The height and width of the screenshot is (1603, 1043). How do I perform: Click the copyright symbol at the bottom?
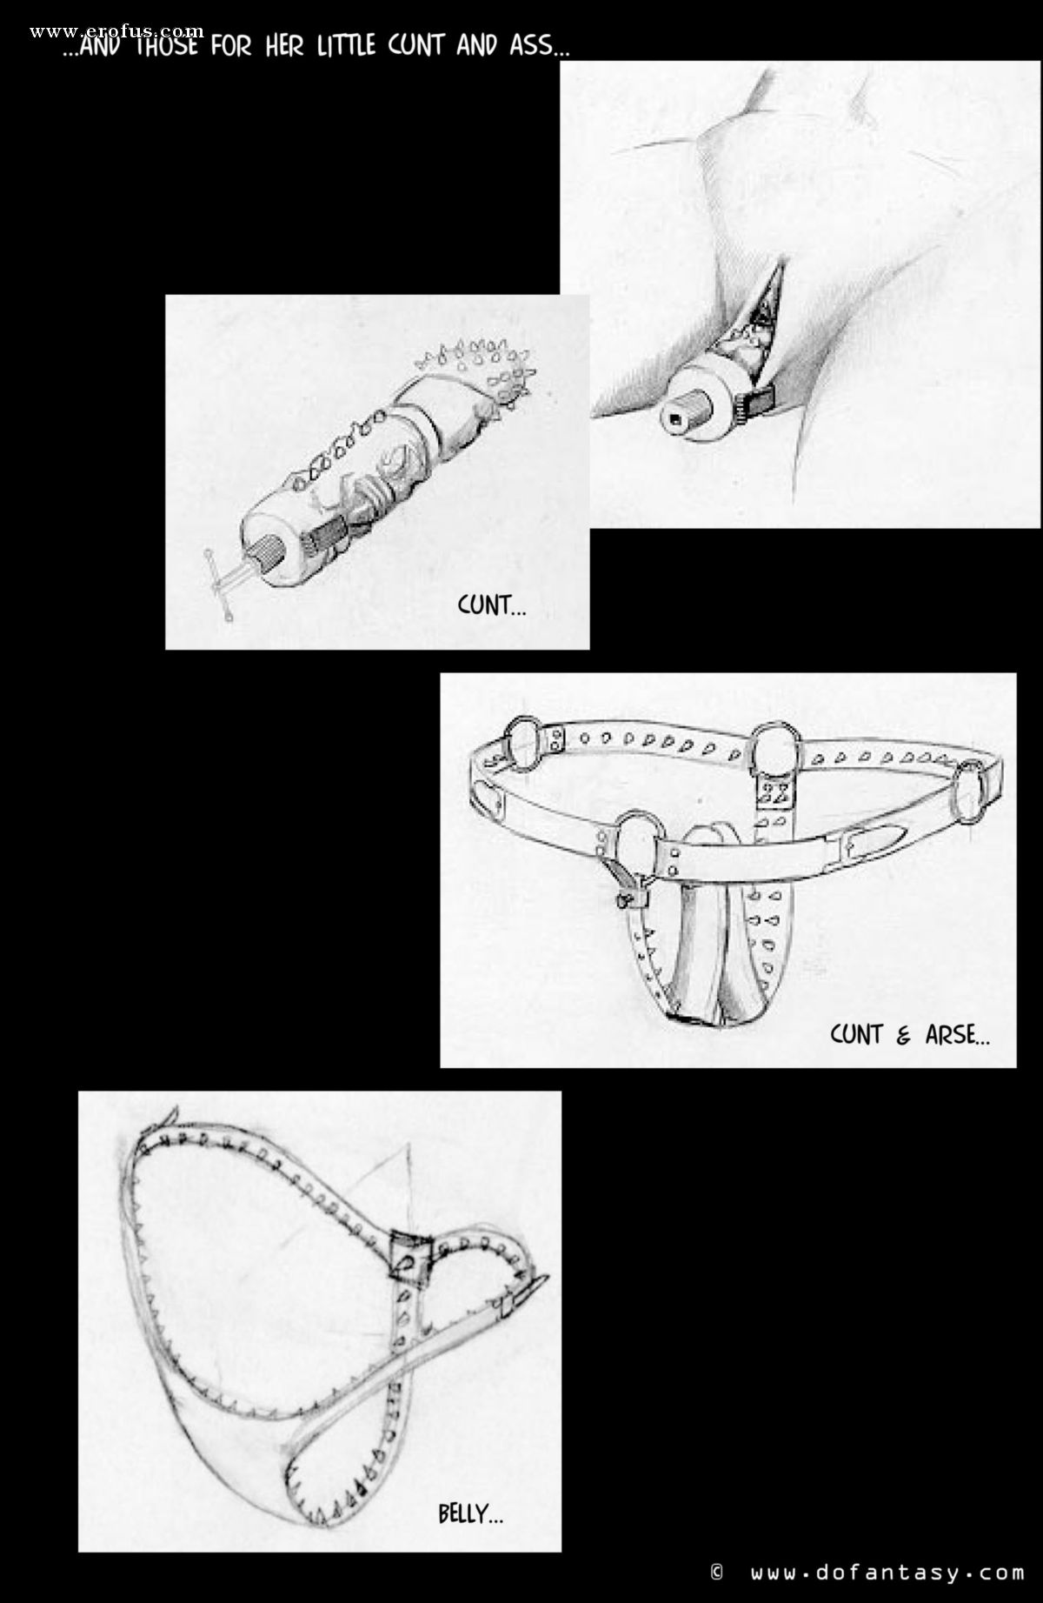[x=717, y=1573]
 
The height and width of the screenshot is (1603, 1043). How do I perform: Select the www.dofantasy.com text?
[x=887, y=1573]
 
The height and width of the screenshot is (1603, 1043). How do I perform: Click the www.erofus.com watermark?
[x=116, y=32]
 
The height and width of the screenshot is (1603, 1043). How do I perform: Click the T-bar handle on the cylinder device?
[x=223, y=580]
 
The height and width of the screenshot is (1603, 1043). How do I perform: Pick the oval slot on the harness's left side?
[x=491, y=795]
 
